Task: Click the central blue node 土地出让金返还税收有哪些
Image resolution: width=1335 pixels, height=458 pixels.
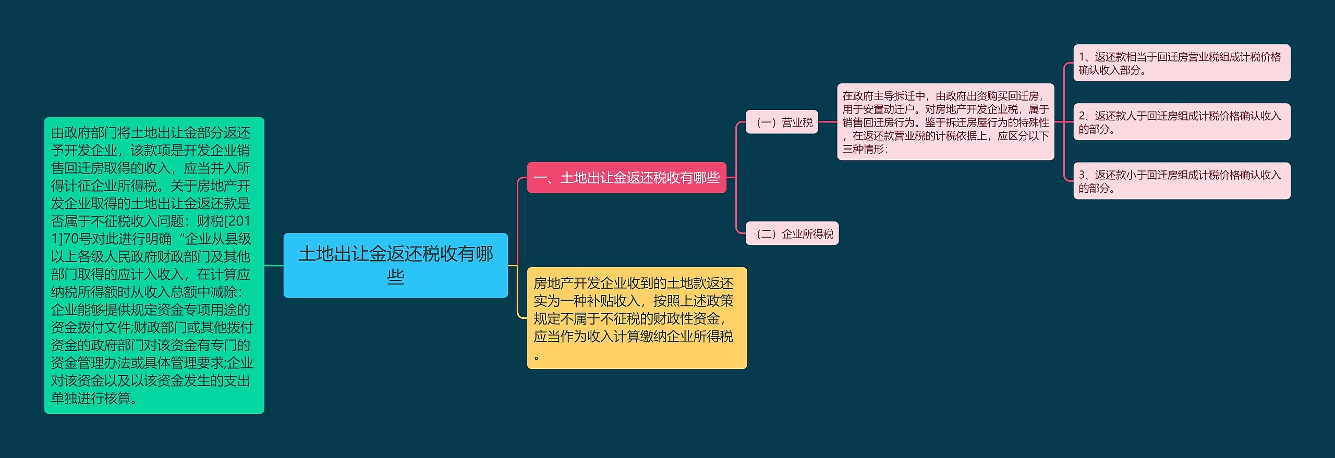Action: coord(395,265)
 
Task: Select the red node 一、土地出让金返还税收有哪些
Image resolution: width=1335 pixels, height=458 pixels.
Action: coord(626,178)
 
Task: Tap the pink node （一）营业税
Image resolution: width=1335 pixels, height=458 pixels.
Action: coord(781,122)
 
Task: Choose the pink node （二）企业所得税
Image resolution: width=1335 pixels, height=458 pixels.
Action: coord(792,234)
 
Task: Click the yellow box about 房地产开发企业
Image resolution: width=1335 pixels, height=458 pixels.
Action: coord(637,318)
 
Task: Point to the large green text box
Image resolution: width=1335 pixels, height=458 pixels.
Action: coord(154,265)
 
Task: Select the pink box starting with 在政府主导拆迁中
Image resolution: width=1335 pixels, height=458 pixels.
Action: coord(945,122)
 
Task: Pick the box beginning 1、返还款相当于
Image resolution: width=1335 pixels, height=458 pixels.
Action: coord(1181,63)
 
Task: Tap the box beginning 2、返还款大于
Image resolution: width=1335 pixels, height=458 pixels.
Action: coord(1181,122)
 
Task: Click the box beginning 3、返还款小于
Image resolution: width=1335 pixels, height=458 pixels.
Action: coord(1181,181)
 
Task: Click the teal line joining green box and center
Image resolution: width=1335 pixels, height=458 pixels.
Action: coord(274,265)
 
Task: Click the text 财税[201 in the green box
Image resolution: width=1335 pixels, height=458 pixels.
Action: coord(224,221)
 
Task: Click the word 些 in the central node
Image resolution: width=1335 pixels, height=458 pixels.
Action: coord(395,277)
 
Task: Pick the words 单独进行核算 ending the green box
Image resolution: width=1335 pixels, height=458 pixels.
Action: coord(91,399)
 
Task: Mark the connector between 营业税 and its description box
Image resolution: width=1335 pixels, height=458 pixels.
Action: coord(828,122)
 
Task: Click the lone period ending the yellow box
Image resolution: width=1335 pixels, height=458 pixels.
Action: coord(537,357)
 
